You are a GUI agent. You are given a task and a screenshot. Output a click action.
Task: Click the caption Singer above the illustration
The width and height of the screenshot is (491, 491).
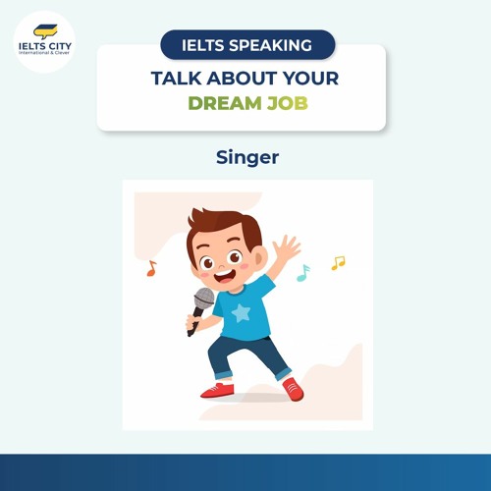pos(245,157)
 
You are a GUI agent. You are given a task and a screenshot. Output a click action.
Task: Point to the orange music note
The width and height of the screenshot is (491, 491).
pos(151,267)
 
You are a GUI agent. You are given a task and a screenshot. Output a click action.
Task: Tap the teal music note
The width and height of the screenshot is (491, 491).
pos(303,272)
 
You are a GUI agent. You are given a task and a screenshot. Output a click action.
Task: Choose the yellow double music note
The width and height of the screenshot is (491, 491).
pos(338,263)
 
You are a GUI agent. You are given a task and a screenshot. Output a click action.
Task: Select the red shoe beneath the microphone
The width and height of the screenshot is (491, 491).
pos(217,390)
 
